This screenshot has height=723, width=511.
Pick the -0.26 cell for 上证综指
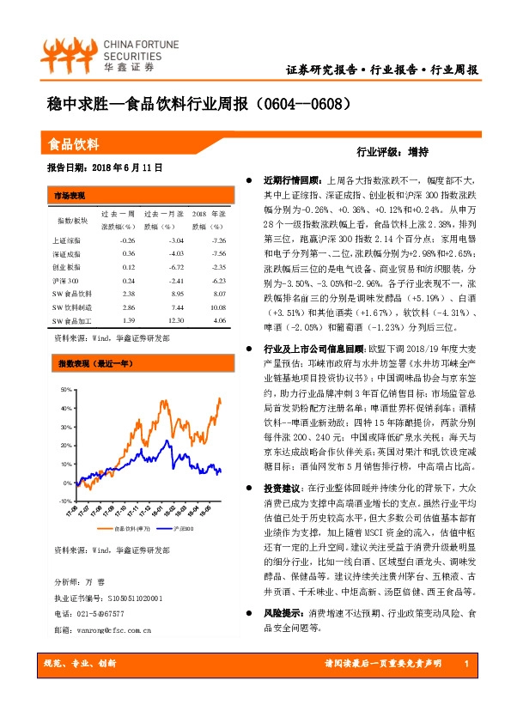(x=129, y=240)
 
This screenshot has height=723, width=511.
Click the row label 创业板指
(x=66, y=266)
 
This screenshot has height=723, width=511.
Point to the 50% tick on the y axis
(x=64, y=390)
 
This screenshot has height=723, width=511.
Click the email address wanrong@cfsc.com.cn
(x=96, y=630)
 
